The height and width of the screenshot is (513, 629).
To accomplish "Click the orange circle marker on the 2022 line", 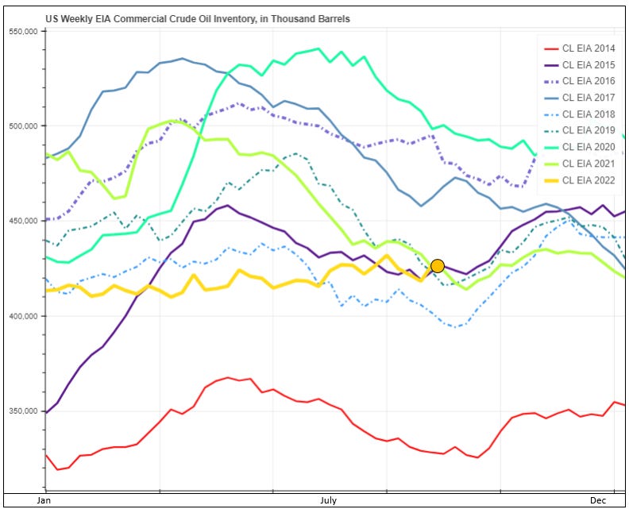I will point(437,266).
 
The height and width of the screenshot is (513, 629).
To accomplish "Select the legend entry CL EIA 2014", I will point(588,48).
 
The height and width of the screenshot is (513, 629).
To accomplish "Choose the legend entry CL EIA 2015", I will point(588,65).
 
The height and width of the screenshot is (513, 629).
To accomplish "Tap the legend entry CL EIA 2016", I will point(588,81).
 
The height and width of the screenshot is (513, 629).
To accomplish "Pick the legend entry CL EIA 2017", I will point(588,98).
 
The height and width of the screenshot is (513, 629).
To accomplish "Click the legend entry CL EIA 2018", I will point(588,114).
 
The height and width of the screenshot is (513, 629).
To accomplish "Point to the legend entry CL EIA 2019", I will point(588,130).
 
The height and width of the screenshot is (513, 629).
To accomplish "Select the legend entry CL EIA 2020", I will point(588,147).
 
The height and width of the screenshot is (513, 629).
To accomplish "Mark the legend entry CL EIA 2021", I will point(588,164).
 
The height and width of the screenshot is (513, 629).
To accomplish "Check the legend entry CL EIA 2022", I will point(588,180).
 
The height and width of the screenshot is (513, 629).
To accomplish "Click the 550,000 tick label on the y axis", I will point(24,32).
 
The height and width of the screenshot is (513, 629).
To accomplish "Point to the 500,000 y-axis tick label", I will point(24,126).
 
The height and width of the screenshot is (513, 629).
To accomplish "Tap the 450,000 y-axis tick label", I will point(24,221).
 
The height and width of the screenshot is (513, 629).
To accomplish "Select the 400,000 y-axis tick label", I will point(24,316).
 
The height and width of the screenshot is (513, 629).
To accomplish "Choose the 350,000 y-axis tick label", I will point(24,411).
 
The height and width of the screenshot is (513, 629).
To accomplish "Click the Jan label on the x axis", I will point(44,501).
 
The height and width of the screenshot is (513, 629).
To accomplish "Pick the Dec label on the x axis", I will point(599,501).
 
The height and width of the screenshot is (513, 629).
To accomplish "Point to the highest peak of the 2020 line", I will point(318,48).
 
